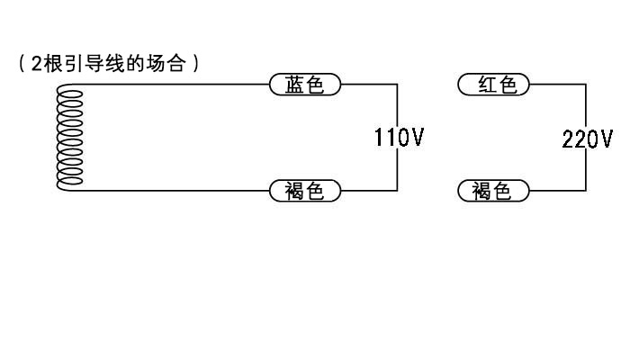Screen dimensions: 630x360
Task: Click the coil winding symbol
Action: coord(69,137)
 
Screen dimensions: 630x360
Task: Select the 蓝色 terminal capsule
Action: coord(305,85)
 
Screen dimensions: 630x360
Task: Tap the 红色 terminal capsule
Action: coord(493,85)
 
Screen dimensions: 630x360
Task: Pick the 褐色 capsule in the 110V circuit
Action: coord(305,191)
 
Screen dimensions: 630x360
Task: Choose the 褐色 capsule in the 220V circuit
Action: coord(493,191)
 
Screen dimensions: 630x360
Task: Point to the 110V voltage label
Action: coord(399,138)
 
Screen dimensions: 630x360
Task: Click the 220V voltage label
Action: coord(588,139)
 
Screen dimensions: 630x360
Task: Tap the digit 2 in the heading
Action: coord(37,64)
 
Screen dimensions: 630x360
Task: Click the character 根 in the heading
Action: coord(53,64)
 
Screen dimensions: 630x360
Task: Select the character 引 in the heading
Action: coord(74,64)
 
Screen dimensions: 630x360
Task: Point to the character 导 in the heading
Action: coord(94,64)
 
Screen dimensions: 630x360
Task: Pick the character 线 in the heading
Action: coord(115,64)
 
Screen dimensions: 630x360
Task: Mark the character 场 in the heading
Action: coord(156,64)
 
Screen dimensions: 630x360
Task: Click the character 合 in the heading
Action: coord(176,64)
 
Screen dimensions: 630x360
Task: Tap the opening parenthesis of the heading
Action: coord(22,64)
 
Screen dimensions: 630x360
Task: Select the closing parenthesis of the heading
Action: coord(195,64)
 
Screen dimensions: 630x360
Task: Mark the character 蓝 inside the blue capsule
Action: coord(294,85)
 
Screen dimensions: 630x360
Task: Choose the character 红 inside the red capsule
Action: coord(488,85)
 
